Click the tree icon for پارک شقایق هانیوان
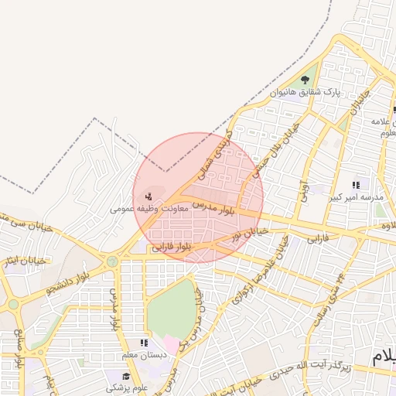(307, 80)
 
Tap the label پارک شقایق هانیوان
(306, 93)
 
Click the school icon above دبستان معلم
(143, 343)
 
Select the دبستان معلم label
(144, 355)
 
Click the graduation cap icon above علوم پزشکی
(126, 376)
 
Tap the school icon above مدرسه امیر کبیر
(356, 186)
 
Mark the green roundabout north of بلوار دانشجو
(113, 261)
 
